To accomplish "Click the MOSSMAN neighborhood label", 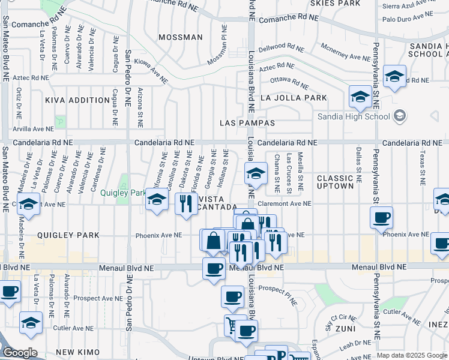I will (x=181, y=37).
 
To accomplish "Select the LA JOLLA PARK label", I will (x=294, y=98).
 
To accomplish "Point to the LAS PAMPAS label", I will (x=247, y=123).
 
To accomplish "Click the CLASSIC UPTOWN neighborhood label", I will (x=335, y=182).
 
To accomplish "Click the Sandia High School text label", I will (x=354, y=116).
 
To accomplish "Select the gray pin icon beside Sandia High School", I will (x=401, y=116).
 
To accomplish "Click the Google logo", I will (x=20, y=353).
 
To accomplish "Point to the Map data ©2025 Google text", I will (x=412, y=356).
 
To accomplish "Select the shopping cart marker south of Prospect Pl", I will (x=232, y=325).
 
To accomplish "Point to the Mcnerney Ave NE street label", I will (x=345, y=52).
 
